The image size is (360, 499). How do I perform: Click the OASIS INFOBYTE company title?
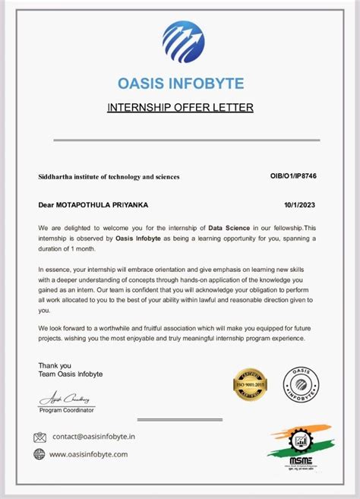[x=182, y=81]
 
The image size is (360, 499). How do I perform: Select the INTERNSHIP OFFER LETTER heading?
[x=180, y=108]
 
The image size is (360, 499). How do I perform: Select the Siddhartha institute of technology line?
[x=109, y=176]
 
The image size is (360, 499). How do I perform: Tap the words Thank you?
[x=55, y=365]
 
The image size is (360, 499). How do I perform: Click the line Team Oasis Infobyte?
[x=70, y=374]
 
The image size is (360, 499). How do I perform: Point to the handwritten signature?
[x=65, y=399]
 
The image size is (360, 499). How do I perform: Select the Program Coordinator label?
[x=67, y=410]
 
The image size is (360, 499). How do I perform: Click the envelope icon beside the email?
[x=40, y=437]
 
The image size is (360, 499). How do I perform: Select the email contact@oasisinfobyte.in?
[x=95, y=437]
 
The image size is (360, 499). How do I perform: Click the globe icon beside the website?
[x=39, y=454]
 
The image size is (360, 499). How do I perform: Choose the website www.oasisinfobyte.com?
[x=89, y=454]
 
